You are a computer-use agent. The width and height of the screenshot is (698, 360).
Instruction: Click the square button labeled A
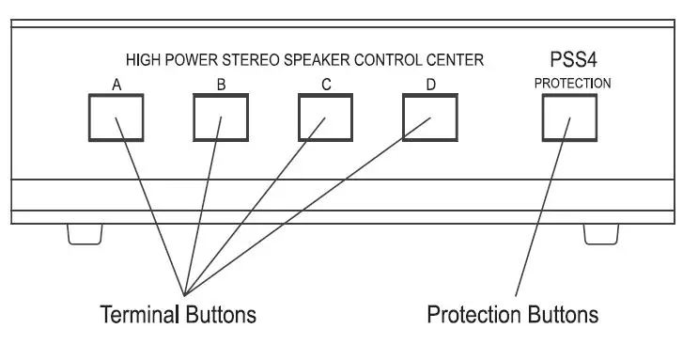point(116,117)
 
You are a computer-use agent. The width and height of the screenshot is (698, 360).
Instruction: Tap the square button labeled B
point(220,117)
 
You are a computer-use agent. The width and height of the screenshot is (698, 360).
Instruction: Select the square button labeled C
point(325,117)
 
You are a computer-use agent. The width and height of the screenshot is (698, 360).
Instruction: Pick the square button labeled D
point(430,117)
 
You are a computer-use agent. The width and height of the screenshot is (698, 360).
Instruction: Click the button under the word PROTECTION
point(571,117)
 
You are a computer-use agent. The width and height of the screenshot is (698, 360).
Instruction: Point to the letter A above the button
point(116,85)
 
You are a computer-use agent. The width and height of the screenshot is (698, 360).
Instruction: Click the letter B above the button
point(220,85)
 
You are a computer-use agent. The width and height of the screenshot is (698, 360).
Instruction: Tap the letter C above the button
point(326,85)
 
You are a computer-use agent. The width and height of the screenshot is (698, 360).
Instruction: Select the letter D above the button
point(430,85)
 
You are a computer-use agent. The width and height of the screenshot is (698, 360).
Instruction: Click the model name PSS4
point(571,59)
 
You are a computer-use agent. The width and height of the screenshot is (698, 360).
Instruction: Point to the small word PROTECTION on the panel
point(571,83)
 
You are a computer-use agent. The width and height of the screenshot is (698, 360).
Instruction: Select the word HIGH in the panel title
point(142,60)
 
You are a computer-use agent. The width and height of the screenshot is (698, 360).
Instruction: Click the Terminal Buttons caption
point(178,313)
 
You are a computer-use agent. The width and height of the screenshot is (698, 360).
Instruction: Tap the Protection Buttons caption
point(512,313)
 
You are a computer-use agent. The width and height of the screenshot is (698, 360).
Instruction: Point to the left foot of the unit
point(85,233)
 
